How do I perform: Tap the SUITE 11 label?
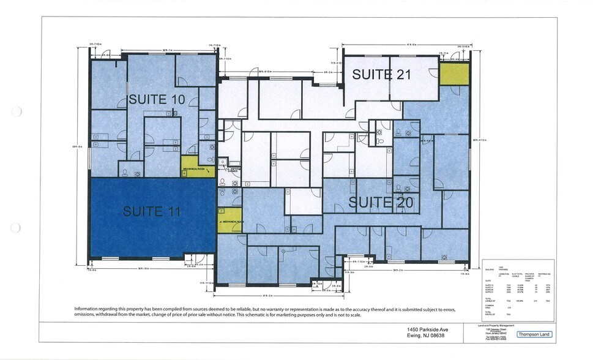click(152, 212)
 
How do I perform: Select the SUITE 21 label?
click(381, 75)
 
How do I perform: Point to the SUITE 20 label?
click(381, 202)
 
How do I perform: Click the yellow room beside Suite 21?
click(454, 74)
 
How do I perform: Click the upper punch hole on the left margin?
click(17, 111)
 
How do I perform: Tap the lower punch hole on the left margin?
click(17, 228)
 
